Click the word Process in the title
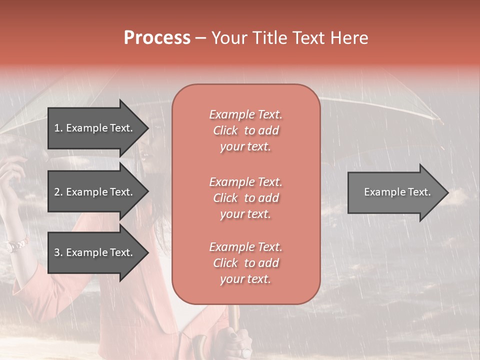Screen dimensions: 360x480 [x=157, y=38]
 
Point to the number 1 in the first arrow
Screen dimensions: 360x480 [x=57, y=128]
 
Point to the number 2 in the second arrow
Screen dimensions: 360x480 [x=57, y=192]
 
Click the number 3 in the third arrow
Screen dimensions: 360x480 [x=57, y=252]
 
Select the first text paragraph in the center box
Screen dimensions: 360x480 [x=245, y=130]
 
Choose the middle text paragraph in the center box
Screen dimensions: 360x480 [x=245, y=198]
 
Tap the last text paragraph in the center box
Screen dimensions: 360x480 [x=245, y=263]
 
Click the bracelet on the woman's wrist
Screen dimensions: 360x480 [x=17, y=245]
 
